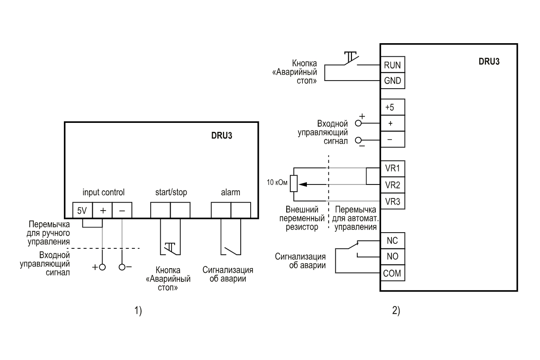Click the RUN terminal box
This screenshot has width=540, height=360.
[393, 65]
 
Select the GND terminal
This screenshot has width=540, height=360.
[393, 81]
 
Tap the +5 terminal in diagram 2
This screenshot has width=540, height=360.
[393, 107]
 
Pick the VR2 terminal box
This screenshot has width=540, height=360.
[393, 185]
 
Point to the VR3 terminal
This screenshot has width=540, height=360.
[393, 201]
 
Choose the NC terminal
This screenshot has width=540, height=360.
[393, 241]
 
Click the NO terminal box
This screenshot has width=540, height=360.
[393, 256]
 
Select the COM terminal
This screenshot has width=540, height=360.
[393, 273]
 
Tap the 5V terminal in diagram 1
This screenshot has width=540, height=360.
[82, 210]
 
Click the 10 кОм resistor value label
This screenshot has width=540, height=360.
[277, 182]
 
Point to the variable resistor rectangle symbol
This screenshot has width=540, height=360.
[293, 184]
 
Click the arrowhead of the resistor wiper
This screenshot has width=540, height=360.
[302, 184]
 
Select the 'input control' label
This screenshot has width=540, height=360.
[103, 192]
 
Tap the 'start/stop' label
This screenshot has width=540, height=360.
[171, 192]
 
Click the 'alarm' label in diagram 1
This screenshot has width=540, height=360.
[230, 192]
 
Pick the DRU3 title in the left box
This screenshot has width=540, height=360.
[221, 135]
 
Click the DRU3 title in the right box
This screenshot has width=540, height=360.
[489, 62]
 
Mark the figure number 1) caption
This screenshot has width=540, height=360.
[138, 310]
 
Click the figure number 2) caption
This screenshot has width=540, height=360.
[396, 310]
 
